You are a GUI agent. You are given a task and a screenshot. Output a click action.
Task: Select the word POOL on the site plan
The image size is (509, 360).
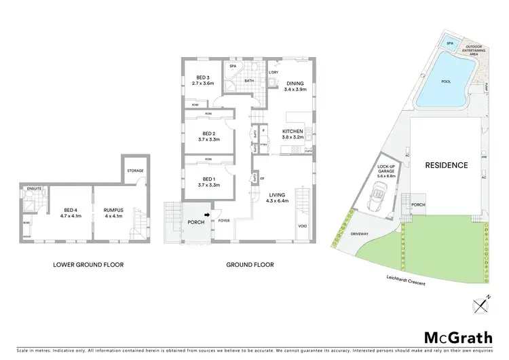click(446, 82)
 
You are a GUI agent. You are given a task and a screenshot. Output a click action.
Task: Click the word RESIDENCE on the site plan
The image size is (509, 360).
click(446, 165)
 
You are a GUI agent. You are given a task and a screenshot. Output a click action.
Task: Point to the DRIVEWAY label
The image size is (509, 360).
click(360, 234)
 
